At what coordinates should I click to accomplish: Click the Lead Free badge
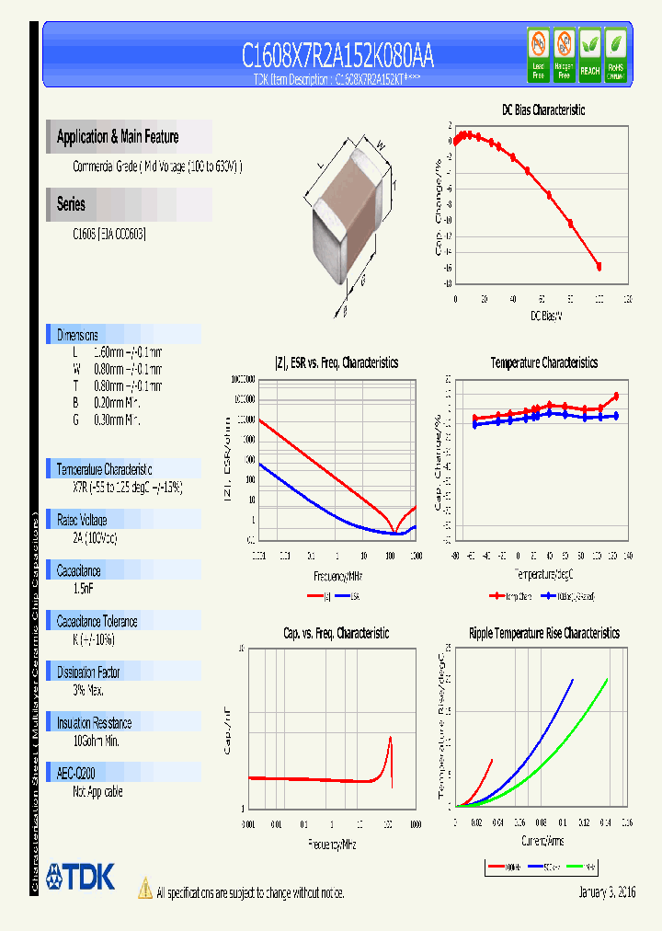(x=539, y=55)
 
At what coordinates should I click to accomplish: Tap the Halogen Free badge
(x=565, y=55)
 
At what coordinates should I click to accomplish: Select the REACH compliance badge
(x=589, y=55)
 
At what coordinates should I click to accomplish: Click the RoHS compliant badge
(x=615, y=55)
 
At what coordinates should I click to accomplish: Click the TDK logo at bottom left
(x=81, y=877)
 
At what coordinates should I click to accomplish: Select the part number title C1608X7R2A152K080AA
(x=337, y=56)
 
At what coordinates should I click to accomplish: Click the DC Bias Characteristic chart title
(x=542, y=110)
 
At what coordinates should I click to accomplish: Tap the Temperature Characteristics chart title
(x=543, y=363)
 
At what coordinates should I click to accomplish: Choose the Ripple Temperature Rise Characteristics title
(x=543, y=634)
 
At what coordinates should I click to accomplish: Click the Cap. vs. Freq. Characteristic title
(x=336, y=634)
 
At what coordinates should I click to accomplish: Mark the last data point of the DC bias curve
(x=599, y=267)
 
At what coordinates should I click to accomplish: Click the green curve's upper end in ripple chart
(x=607, y=680)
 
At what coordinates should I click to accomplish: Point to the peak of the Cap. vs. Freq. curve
(x=391, y=736)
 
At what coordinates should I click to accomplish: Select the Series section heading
(x=71, y=204)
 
